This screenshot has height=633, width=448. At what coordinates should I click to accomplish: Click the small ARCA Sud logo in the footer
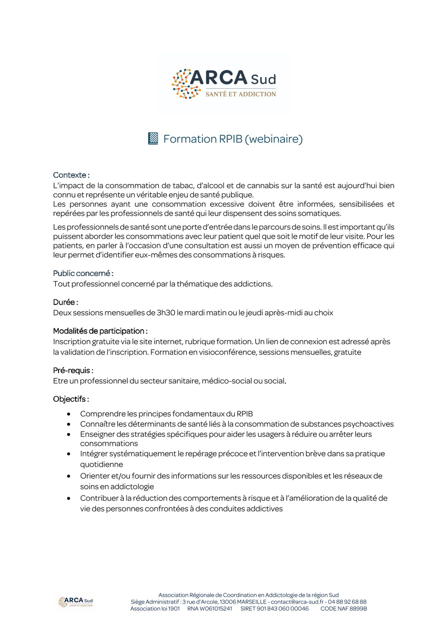pos(76,602)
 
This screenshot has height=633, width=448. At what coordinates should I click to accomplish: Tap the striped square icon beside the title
pos(153,139)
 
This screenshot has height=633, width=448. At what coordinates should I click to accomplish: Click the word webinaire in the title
pos(274,139)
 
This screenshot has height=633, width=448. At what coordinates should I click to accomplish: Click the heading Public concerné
pos(83,273)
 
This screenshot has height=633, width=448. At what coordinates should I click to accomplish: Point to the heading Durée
pos(66,302)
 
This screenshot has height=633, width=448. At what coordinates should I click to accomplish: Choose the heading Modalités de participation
pos(100,331)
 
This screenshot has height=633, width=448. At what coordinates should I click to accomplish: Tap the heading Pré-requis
pos(73,370)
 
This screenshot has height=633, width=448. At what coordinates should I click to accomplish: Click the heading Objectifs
pos(71,399)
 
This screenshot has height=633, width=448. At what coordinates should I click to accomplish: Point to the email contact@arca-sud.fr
pos(297,602)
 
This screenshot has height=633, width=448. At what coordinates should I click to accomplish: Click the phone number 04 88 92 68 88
pos(347,602)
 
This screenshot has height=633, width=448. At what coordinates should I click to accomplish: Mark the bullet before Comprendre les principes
pos(69,414)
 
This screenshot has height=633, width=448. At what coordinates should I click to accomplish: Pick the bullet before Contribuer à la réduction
pos(69,498)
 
